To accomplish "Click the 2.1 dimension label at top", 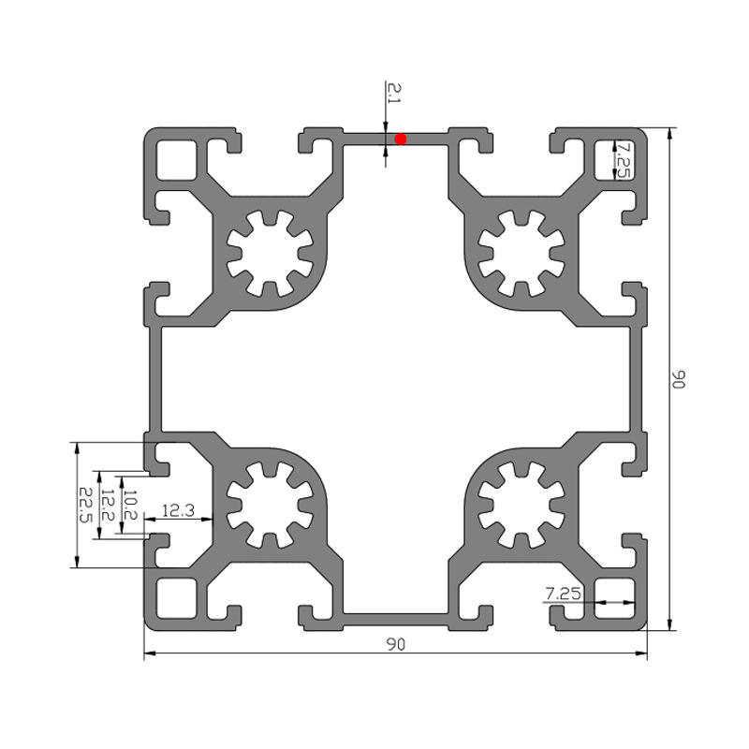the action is pos(395,93).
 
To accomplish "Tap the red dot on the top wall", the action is pos(401,139).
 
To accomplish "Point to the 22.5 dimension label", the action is pos(85,505).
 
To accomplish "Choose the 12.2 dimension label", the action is pos(107,505).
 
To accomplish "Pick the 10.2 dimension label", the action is pos(130,505).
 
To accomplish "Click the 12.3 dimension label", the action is pos(178,510).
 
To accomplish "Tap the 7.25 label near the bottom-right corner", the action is pos(564,594).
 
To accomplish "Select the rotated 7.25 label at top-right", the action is pos(622,159).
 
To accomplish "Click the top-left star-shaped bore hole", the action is pos(270,253).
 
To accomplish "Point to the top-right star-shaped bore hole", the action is pos(521,253).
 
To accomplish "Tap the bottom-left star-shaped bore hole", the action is pos(270,505).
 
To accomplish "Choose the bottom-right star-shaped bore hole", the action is pos(521,505).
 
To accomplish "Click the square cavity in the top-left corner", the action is pos(177,159).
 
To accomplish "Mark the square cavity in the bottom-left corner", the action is pos(177,598).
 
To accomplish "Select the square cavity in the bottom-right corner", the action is pos(615,598).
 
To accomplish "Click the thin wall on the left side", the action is pos(155,379).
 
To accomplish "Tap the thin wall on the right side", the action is pos(636,379).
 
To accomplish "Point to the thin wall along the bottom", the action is pos(395,620).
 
